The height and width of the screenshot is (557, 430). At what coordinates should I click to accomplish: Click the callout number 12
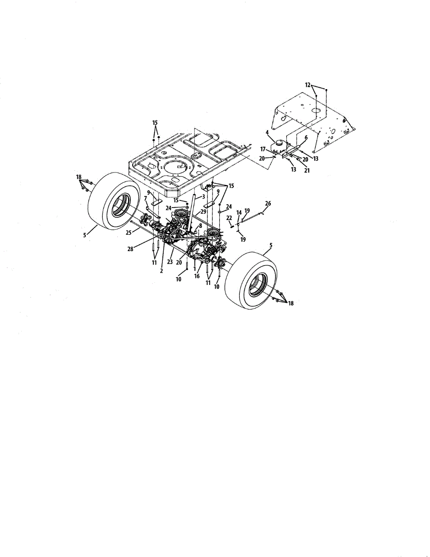click(308, 84)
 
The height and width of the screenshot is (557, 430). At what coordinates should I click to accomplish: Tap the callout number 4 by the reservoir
click(267, 133)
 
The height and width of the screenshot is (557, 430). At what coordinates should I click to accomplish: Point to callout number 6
click(306, 138)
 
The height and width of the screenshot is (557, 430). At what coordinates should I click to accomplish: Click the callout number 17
click(263, 149)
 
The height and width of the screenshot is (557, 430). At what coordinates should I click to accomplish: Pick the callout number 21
click(307, 170)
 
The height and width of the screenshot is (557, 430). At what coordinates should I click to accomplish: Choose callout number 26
click(268, 203)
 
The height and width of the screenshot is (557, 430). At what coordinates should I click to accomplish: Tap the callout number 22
click(229, 218)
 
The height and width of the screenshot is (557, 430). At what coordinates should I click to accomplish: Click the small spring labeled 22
click(232, 226)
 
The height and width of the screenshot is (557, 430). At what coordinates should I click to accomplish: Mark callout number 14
click(239, 213)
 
